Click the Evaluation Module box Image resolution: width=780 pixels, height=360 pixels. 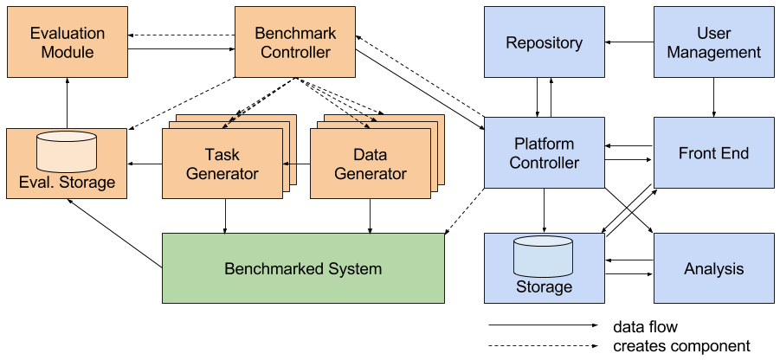[67, 42]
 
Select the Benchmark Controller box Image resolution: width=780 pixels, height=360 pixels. [295, 42]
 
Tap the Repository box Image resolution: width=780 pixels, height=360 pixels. [544, 42]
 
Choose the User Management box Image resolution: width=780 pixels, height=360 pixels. [713, 42]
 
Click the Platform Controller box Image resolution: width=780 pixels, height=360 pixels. [544, 152]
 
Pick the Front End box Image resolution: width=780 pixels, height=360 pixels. [713, 153]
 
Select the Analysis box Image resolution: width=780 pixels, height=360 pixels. [713, 268]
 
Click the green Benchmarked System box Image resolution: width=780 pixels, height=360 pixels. [303, 268]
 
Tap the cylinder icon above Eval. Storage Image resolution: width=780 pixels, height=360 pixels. [67, 152]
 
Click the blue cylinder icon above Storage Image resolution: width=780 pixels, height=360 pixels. [543, 255]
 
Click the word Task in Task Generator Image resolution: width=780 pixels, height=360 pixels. [222, 155]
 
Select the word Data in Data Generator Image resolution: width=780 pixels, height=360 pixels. [371, 155]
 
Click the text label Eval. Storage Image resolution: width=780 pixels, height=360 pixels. [67, 183]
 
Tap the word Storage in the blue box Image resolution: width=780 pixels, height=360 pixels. [544, 286]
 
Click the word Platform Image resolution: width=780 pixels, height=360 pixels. [544, 144]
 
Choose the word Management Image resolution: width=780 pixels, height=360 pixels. [713, 52]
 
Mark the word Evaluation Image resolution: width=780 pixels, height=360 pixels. [67, 34]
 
